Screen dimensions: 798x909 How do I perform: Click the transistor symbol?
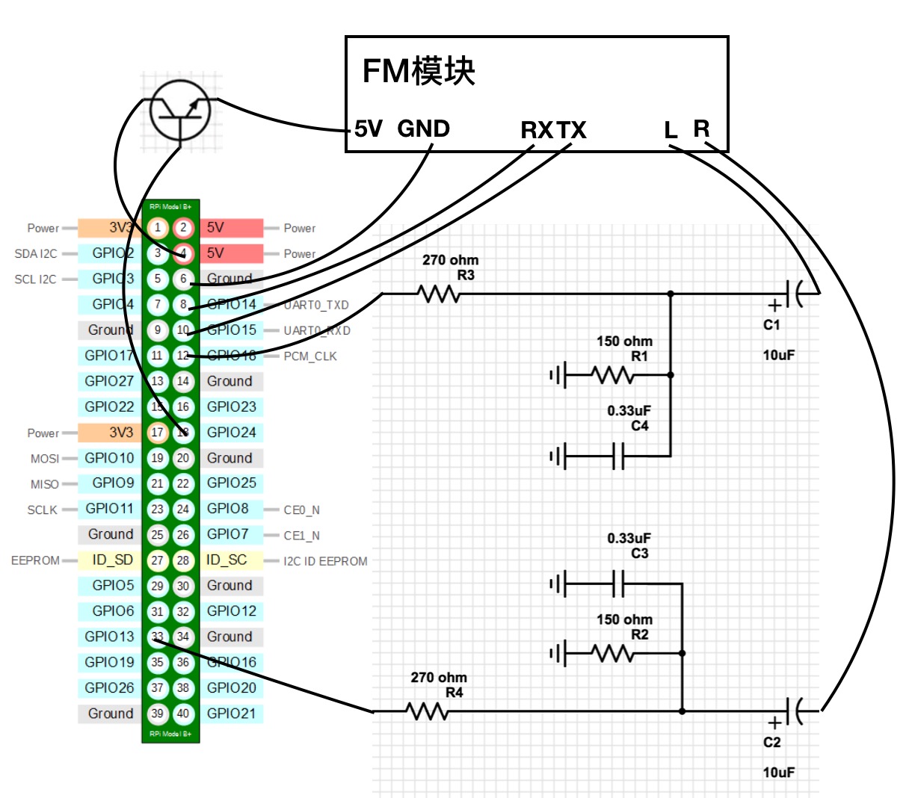pos(180,110)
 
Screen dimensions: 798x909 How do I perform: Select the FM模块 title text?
pos(419,71)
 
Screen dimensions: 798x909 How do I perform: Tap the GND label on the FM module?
pos(423,129)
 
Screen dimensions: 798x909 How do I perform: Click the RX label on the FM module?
pos(537,130)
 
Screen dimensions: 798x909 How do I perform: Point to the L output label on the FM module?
pos(671,131)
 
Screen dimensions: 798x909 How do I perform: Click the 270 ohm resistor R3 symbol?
pos(440,294)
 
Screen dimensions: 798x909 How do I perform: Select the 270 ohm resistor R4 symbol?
pos(428,711)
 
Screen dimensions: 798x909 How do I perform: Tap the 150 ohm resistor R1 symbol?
pos(612,374)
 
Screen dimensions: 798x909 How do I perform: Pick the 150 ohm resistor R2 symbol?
pos(612,654)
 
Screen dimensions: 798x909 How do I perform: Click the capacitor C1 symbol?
pos(794,294)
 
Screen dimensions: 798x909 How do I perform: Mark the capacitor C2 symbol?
pos(794,711)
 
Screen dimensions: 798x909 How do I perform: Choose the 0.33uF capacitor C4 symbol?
pos(618,456)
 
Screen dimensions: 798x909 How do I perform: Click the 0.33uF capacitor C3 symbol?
pos(618,584)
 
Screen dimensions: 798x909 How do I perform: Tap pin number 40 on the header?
pos(183,714)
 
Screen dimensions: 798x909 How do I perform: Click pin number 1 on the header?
pos(157,227)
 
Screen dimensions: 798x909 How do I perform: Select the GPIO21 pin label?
pos(231,714)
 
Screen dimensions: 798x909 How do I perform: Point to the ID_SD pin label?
pos(112,560)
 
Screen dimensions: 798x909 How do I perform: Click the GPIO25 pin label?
pos(231,483)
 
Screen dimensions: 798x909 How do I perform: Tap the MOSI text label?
pos(45,459)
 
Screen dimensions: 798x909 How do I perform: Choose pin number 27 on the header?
pos(157,560)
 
